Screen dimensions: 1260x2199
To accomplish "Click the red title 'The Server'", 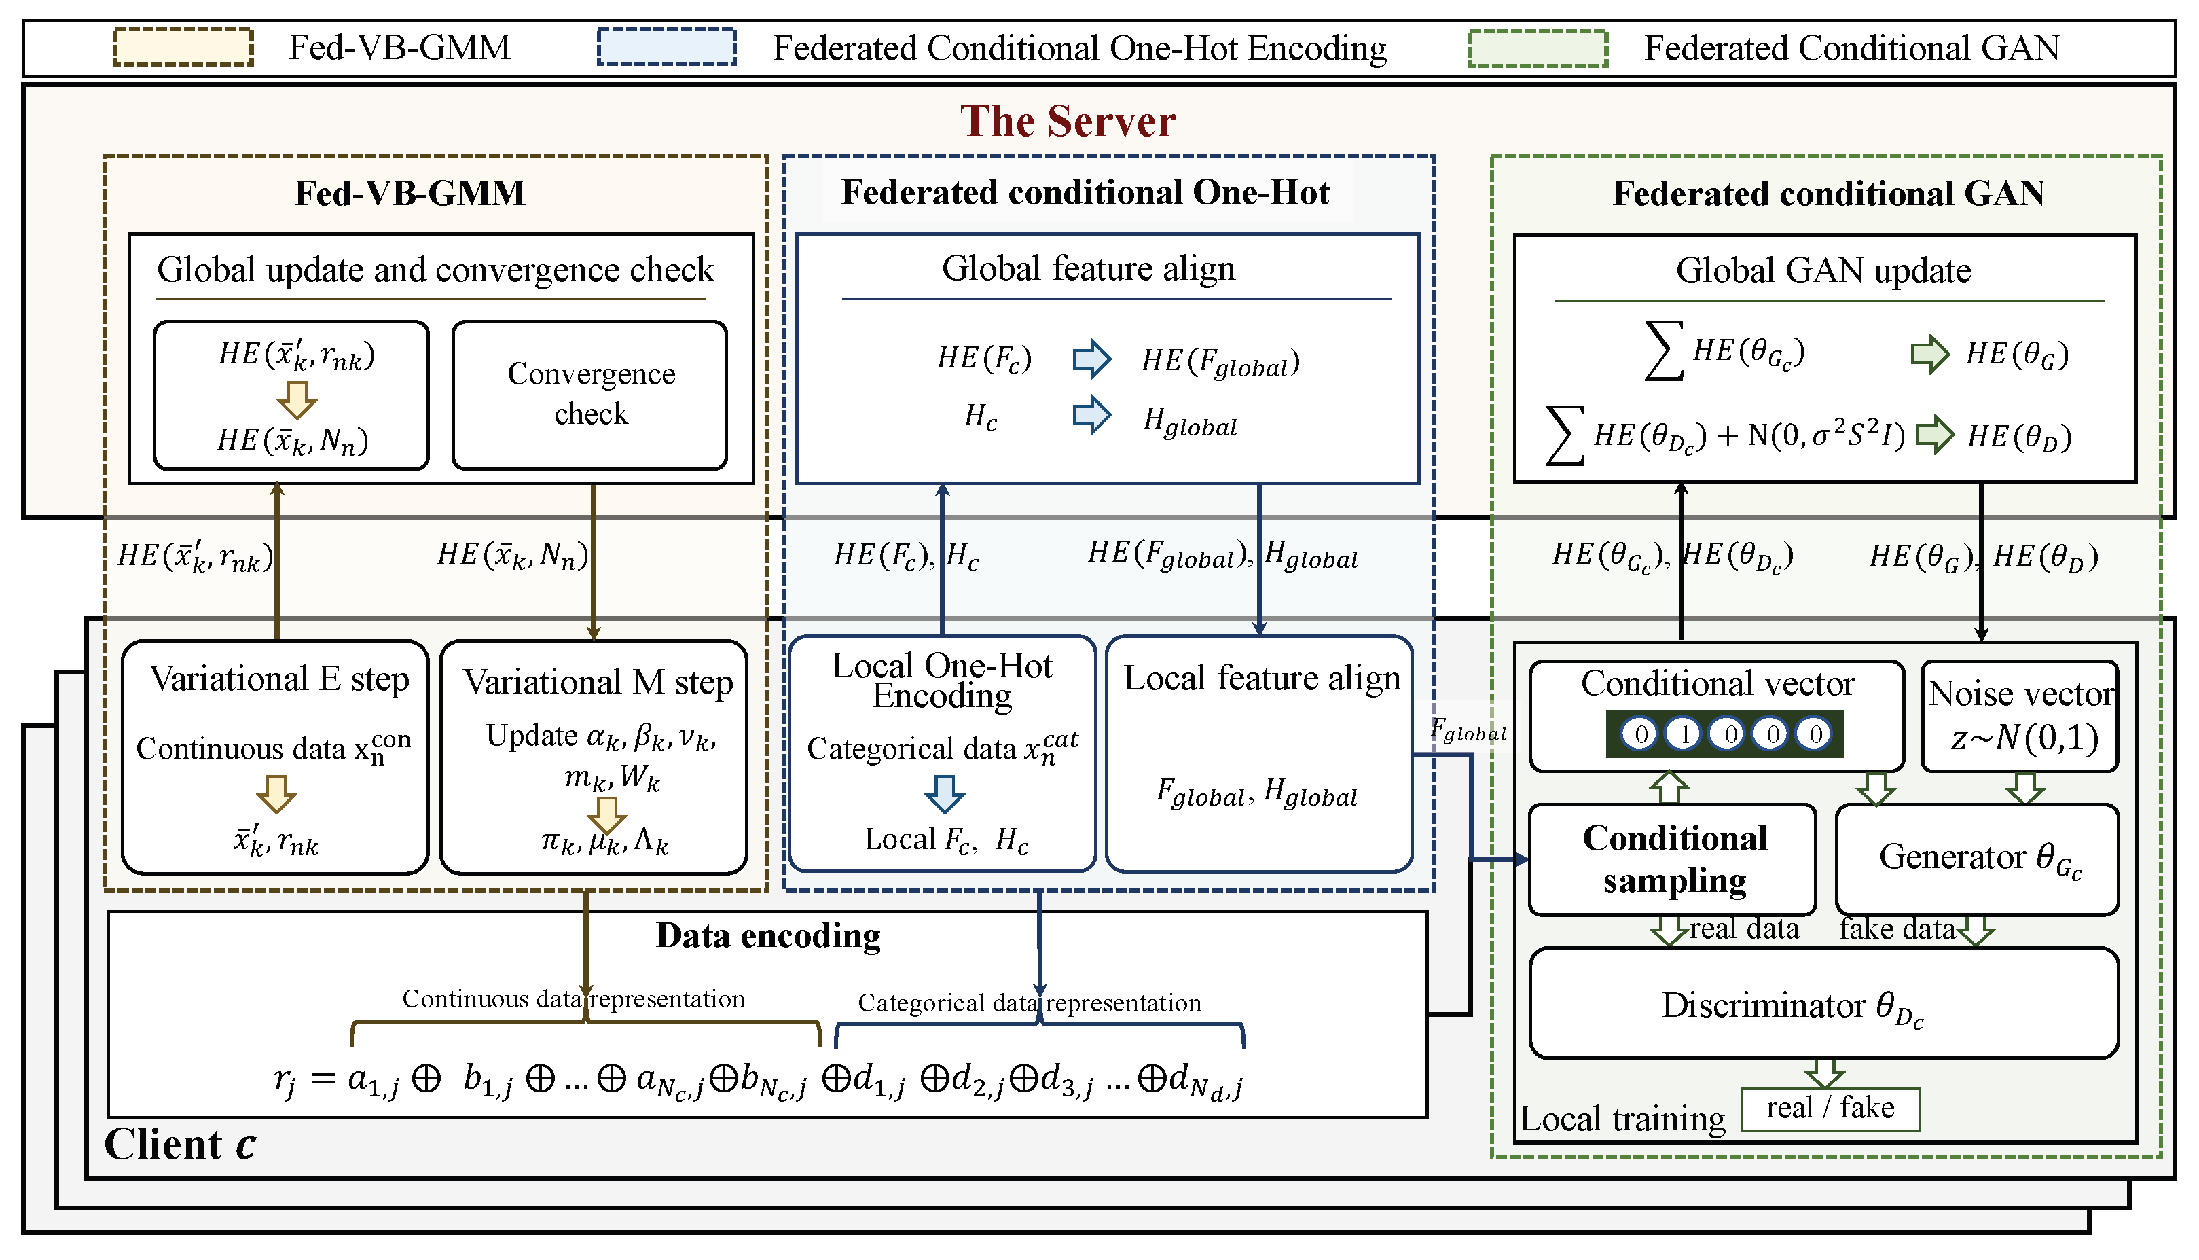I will (x=1068, y=121).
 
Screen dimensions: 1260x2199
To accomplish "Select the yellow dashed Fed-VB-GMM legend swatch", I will (x=183, y=48).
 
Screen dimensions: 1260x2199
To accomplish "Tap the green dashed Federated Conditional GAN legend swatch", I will (x=1538, y=48).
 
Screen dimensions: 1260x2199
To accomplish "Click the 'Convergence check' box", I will (x=590, y=395).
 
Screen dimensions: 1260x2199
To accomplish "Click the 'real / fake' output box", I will (x=1830, y=1109).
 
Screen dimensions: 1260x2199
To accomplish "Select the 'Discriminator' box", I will (x=1823, y=1004).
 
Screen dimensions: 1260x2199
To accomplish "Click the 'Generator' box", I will (x=1977, y=859).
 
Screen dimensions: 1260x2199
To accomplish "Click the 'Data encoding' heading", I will (x=767, y=935).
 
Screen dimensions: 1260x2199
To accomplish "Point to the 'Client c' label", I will (x=180, y=1144).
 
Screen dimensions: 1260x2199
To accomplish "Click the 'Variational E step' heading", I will (x=278, y=679).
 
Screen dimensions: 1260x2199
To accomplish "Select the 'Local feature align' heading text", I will (x=1261, y=679).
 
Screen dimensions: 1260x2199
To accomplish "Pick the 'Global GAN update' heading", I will (x=1823, y=271).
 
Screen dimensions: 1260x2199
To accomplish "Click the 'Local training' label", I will (x=1622, y=1119).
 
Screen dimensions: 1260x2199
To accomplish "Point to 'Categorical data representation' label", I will (x=1030, y=1003).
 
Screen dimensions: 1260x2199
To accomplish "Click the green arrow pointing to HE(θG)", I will (x=1929, y=354).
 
